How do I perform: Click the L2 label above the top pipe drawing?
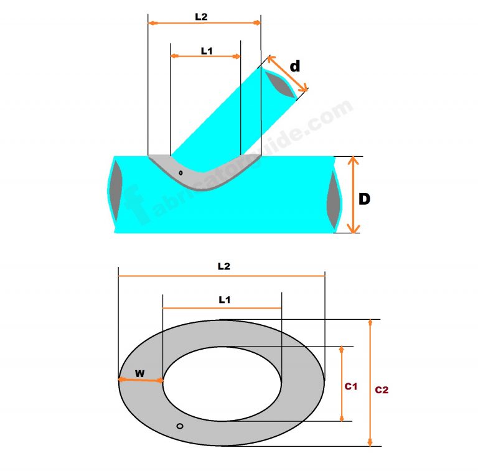(201, 17)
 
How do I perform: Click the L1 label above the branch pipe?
(207, 52)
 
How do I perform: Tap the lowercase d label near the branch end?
(295, 66)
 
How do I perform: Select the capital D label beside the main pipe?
(365, 199)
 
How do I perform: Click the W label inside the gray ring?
(140, 373)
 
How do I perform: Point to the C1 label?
(350, 386)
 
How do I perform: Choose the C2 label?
(382, 390)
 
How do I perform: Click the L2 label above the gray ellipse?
(224, 266)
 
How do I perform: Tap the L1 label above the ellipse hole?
(224, 300)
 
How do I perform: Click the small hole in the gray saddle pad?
(180, 172)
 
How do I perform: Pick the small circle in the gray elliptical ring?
(180, 426)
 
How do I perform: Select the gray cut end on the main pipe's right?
(334, 199)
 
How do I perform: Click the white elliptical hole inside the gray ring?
(222, 383)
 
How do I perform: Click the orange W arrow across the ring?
(141, 380)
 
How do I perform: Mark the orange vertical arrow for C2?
(370, 383)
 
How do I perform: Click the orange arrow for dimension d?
(288, 74)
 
